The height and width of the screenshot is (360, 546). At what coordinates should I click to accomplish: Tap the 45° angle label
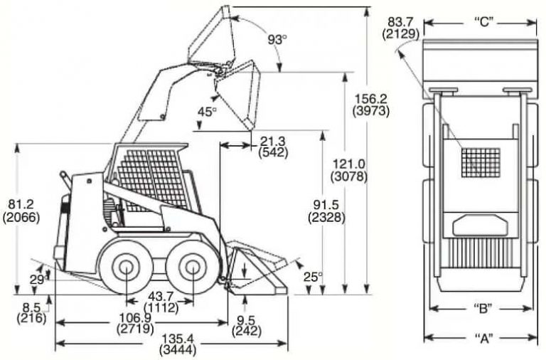pos(207,111)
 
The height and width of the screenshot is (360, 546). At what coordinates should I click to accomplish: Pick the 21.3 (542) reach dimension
pos(273,147)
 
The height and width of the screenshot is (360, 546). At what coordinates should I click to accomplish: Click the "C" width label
pos(484,21)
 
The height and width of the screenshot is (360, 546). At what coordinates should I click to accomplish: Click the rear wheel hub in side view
pos(126,269)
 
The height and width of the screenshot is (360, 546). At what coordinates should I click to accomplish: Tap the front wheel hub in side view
pos(190,269)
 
